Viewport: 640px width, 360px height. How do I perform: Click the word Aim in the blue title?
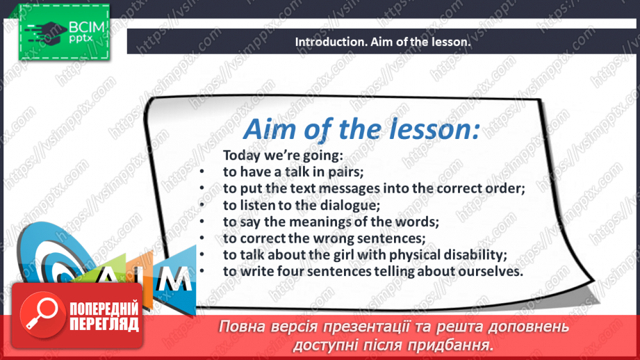click(270, 129)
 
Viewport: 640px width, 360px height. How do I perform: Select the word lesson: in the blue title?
click(434, 129)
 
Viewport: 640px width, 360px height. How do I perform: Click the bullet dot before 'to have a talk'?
click(202, 172)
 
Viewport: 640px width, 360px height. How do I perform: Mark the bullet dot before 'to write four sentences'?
click(202, 271)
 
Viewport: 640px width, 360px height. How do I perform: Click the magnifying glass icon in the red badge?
click(42, 314)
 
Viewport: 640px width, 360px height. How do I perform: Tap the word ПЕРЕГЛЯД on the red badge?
click(104, 325)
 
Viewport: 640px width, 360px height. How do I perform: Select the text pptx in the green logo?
click(81, 39)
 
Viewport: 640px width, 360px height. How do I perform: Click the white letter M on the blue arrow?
click(174, 279)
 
